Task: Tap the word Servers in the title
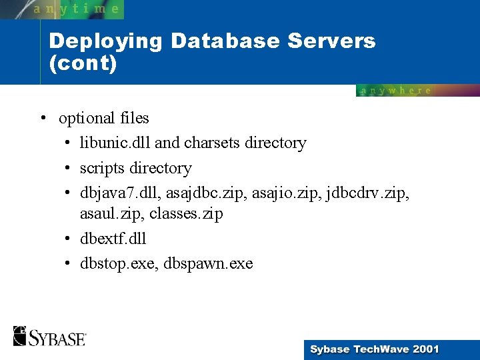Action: coord(332,41)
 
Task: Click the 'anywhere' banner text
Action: coord(396,91)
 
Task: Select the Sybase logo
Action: coord(49,336)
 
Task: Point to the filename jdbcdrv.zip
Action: coord(373,193)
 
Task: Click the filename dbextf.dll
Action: coord(113,239)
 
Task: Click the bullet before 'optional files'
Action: coord(42,119)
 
